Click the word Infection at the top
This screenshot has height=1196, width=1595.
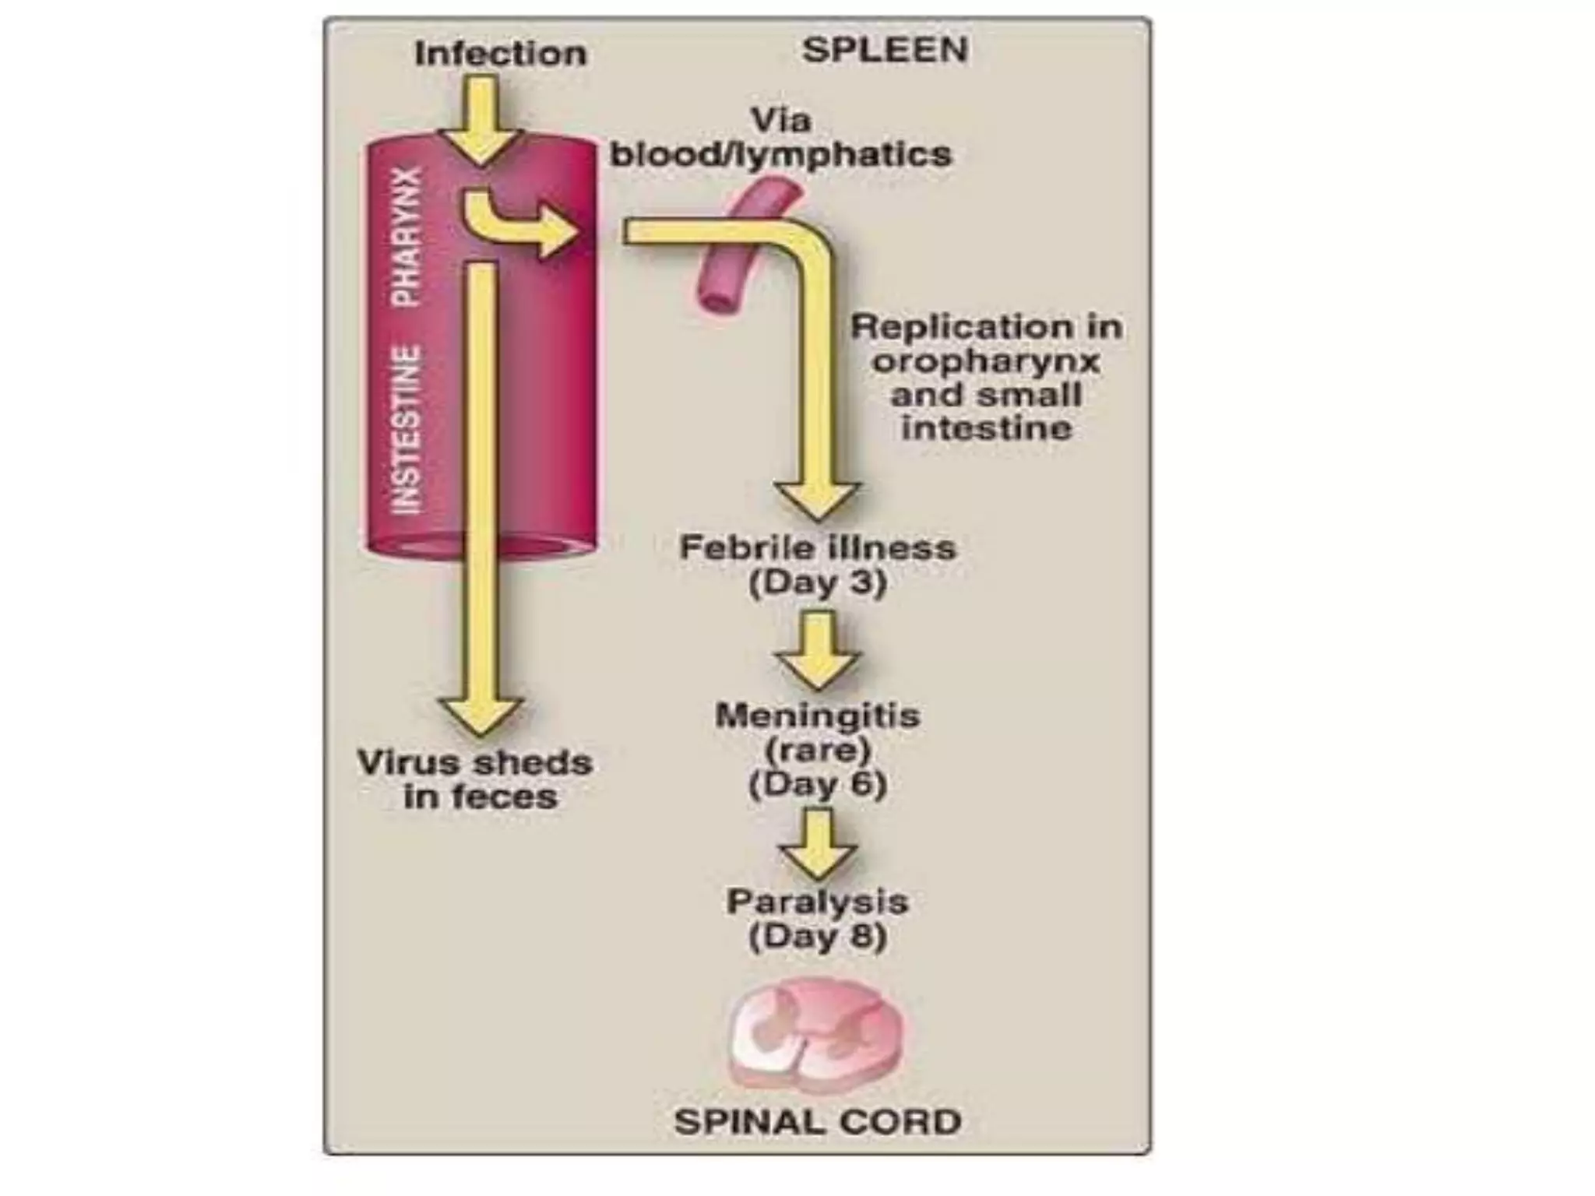coord(500,54)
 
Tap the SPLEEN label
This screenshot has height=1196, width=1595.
coord(886,50)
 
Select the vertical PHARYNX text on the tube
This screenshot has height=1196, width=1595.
coord(407,235)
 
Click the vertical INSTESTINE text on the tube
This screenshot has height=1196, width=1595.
coord(407,430)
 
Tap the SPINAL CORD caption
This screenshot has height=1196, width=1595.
coord(818,1122)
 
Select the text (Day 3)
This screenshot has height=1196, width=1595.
coord(818,583)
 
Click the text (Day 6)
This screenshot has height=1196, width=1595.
coord(818,784)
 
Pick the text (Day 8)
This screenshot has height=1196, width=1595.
coord(818,937)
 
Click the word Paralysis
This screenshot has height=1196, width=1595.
coord(818,902)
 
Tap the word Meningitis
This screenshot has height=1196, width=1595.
coord(818,716)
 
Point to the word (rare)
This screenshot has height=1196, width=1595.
coord(818,750)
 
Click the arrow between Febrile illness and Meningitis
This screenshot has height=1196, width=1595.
coord(818,651)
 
